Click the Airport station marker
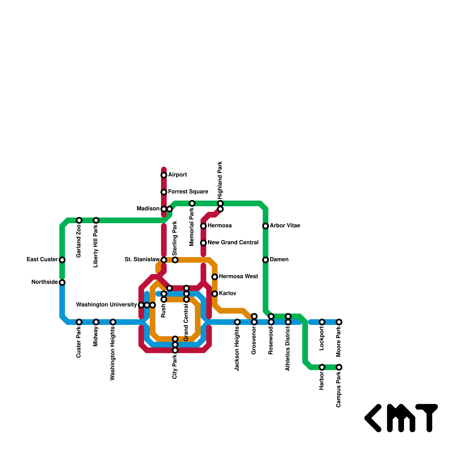(x=164, y=175)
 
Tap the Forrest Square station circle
(x=164, y=192)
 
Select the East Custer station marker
(x=62, y=260)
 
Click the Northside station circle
(x=62, y=282)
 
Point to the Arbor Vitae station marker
(x=266, y=226)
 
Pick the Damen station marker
(x=266, y=260)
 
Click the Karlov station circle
(x=215, y=294)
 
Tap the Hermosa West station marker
(x=215, y=277)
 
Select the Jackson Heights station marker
(x=237, y=322)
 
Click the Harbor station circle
(x=322, y=367)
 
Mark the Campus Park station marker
(x=339, y=367)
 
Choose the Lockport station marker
(x=322, y=322)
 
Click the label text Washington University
(x=107, y=305)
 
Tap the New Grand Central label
(x=233, y=243)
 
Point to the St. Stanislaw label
(x=142, y=260)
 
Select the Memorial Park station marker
(x=192, y=203)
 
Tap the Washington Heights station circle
(x=113, y=322)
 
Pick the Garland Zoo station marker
(x=79, y=220)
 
